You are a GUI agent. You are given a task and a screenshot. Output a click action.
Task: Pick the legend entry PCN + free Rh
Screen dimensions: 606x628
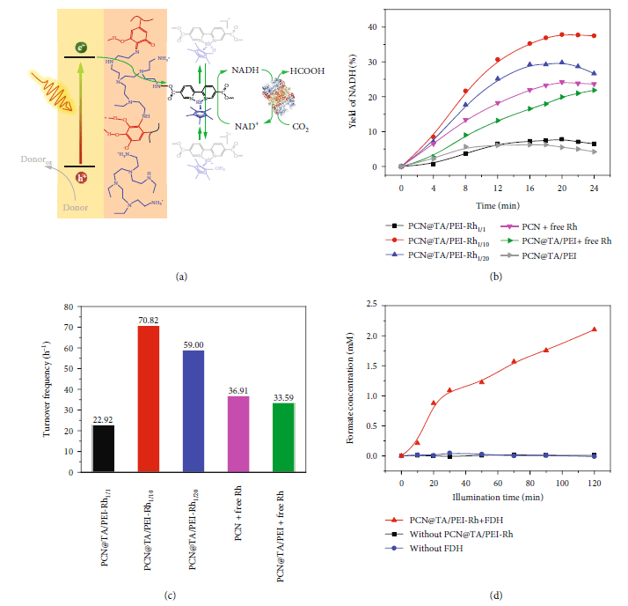tap(542, 228)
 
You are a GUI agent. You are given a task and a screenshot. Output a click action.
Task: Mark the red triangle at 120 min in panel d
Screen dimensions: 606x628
tap(595, 329)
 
